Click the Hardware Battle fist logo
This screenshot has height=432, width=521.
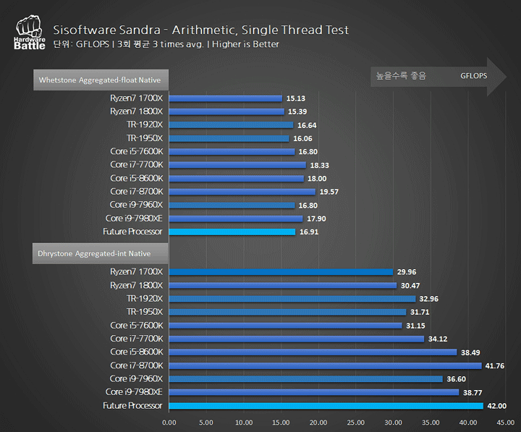[x=29, y=32]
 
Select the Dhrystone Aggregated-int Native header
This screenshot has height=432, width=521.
[x=95, y=253]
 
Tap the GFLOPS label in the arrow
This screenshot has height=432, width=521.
[x=474, y=75]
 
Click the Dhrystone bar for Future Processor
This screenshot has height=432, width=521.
[x=326, y=406]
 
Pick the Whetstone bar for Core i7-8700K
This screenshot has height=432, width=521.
[x=242, y=192]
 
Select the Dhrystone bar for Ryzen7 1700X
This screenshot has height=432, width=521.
[x=281, y=272]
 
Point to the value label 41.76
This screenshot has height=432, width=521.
[x=494, y=366]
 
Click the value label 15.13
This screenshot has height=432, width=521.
[x=295, y=98]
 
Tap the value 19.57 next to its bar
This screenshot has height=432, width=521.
[x=329, y=192]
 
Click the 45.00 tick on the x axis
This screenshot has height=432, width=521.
[x=505, y=422]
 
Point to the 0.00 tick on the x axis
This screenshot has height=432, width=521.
[x=169, y=422]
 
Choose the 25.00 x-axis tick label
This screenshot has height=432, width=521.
[x=355, y=422]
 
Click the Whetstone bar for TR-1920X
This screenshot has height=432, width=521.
[x=231, y=125]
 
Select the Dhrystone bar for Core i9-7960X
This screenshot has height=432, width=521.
[x=305, y=379]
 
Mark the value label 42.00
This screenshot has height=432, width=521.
[x=496, y=407]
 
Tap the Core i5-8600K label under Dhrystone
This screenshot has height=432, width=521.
[x=137, y=352]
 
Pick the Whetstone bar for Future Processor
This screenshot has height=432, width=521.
[x=232, y=232]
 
